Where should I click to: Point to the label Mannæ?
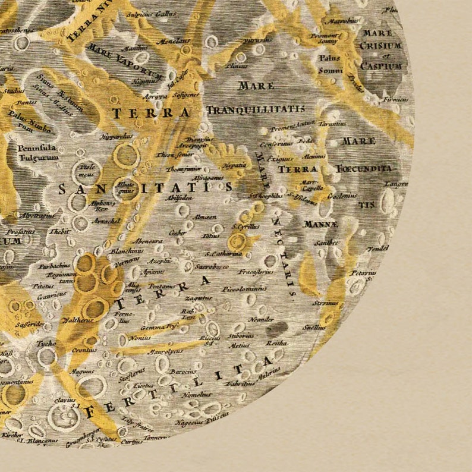point(320,224)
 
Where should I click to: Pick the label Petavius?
point(363,273)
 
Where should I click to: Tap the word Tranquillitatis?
point(256,109)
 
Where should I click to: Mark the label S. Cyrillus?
point(244,226)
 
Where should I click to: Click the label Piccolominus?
point(243,290)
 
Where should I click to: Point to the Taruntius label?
point(333,124)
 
